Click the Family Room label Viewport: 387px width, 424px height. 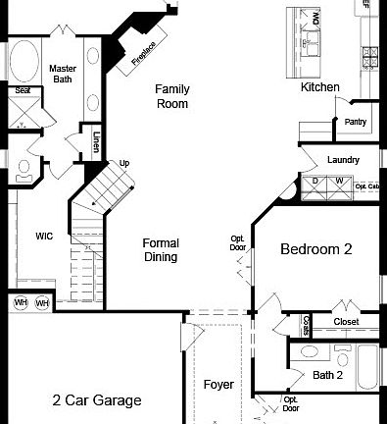(171, 96)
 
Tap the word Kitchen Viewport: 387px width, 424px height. (319, 87)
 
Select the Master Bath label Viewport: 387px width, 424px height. (63, 74)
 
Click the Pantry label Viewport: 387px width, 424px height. (355, 122)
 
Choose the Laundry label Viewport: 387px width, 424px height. (343, 160)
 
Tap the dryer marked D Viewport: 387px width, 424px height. (314, 182)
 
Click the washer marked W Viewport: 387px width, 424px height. (339, 182)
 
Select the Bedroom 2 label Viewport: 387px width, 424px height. (315, 249)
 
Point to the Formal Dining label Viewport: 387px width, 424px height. (160, 250)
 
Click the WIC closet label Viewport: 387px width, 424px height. (44, 237)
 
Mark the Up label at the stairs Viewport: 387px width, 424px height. (124, 163)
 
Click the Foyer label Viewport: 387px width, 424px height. (218, 385)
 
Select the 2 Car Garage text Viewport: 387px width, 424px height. (96, 400)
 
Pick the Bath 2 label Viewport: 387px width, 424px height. (327, 375)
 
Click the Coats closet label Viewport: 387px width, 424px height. (306, 323)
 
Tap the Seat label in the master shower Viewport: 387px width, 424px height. (22, 91)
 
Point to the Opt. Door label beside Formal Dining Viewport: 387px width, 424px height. (237, 242)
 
